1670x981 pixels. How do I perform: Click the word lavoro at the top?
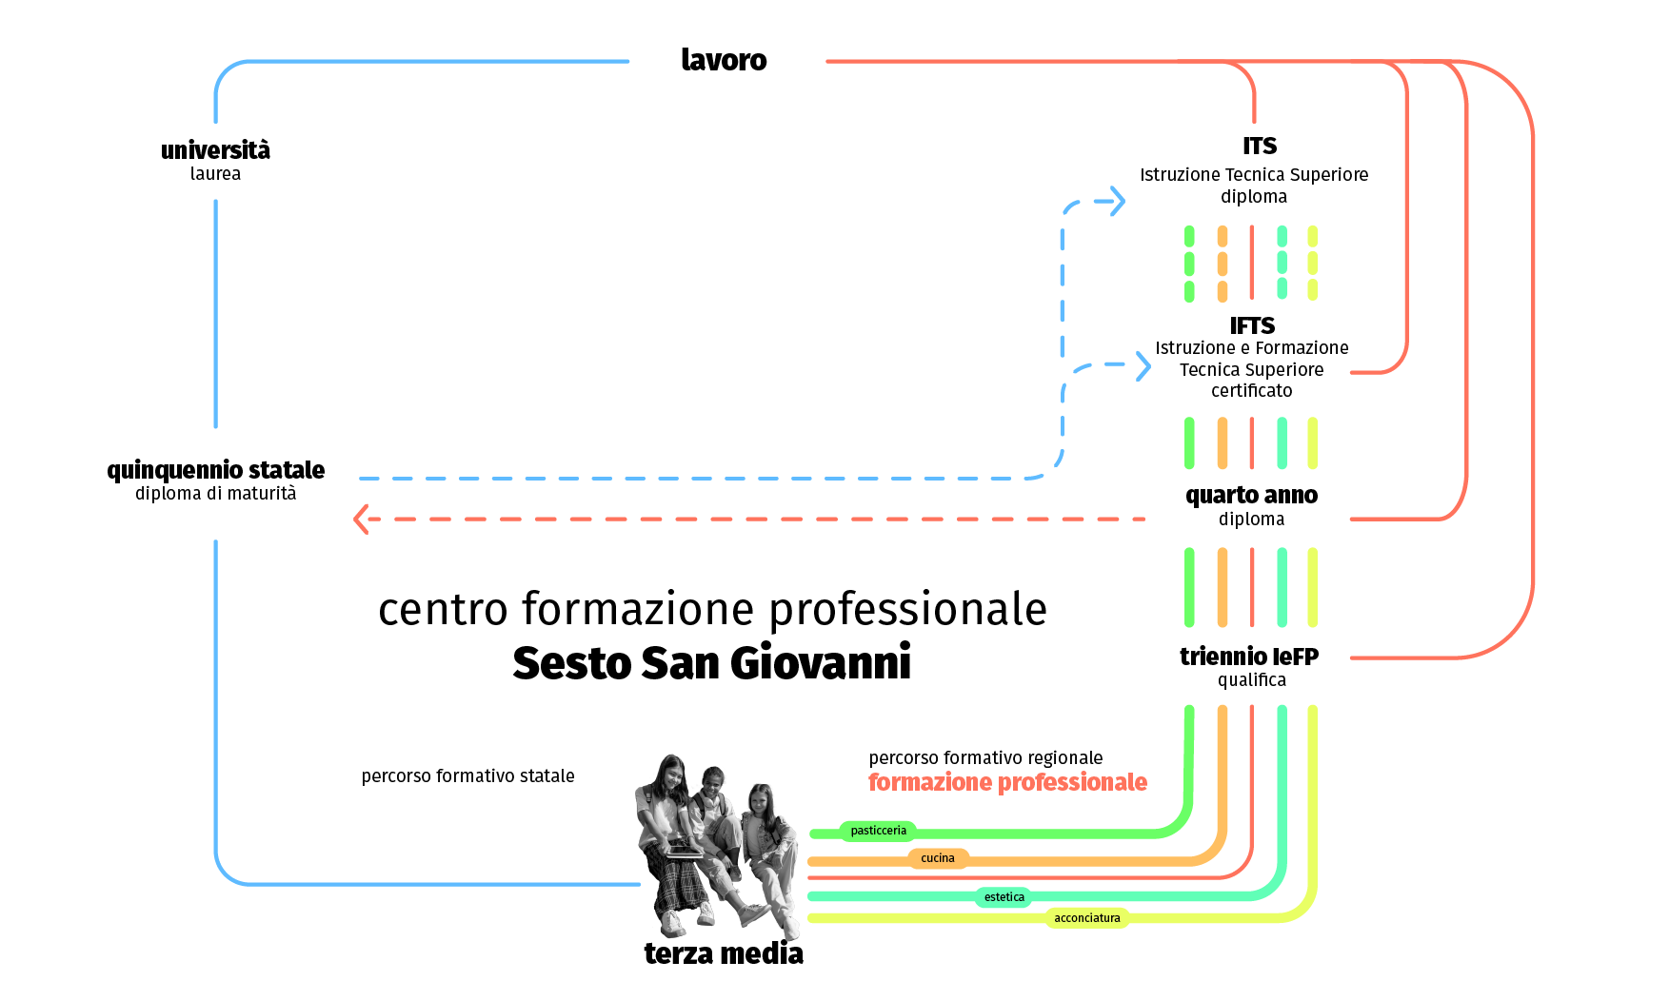point(724,60)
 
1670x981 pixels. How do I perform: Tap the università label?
point(215,150)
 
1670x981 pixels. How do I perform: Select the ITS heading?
point(1259,146)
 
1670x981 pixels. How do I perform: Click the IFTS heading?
point(1251,325)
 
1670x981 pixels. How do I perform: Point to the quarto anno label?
point(1251,495)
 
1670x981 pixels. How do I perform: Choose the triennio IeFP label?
point(1249,657)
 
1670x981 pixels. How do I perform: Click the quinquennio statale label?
point(216,470)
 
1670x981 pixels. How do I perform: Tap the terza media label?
point(724,953)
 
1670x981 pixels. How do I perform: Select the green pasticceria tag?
point(878,831)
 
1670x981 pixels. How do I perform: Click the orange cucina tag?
point(937,858)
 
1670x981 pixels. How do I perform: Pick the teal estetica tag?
point(1004,897)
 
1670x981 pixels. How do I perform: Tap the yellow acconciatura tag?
point(1086,918)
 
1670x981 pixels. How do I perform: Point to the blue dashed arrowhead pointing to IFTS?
point(1143,365)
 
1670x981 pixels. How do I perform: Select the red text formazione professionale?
point(1007,782)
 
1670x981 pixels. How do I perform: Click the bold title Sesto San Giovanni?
point(711,662)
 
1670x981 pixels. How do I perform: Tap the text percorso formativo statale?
point(467,776)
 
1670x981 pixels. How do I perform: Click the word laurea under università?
point(215,174)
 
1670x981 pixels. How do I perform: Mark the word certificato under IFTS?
point(1251,391)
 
